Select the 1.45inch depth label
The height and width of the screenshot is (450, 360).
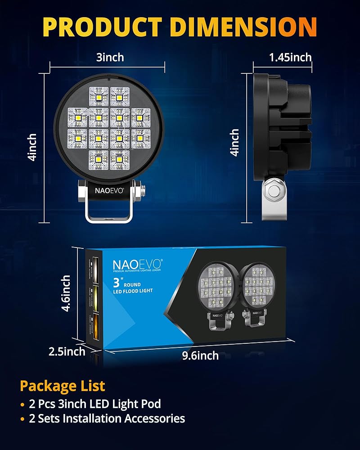point(290,57)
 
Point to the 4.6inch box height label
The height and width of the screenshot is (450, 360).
point(66,293)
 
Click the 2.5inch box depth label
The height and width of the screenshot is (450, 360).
point(67,351)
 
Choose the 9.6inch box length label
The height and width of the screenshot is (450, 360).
point(200,355)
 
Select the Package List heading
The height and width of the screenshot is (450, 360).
point(62,386)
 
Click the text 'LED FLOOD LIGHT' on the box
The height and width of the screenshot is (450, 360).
point(133,291)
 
